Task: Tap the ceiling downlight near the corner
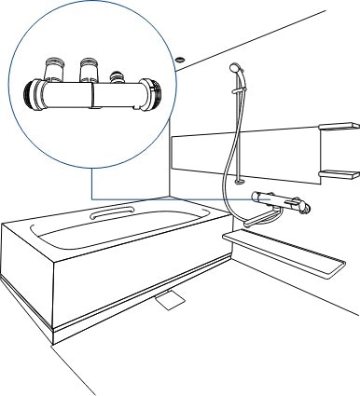tap(178, 60)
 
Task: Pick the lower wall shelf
tap(338, 173)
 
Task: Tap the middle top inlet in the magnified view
tap(90, 68)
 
